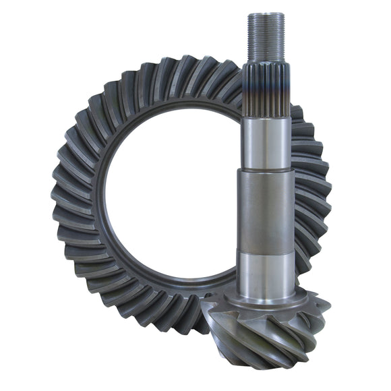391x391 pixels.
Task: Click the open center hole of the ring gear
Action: [169, 195]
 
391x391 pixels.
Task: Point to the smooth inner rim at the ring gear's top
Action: [175, 111]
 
